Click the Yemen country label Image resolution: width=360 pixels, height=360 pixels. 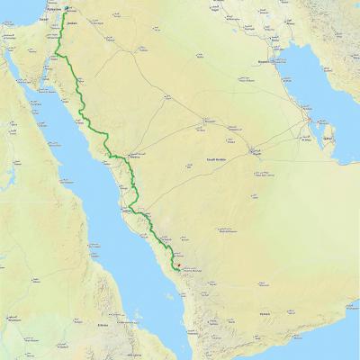point(264,313)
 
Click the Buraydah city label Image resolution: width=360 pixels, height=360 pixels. point(211,121)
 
